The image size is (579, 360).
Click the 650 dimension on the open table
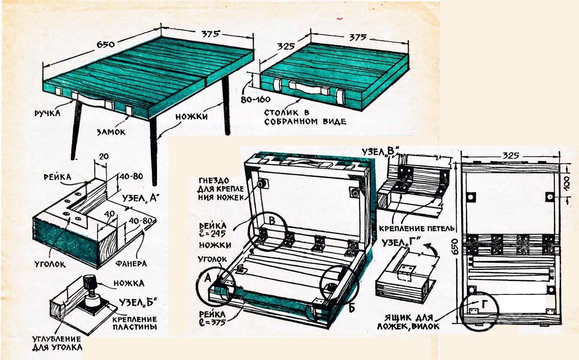pyautogui.click(x=106, y=44)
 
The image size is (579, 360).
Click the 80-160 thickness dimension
pyautogui.click(x=255, y=99)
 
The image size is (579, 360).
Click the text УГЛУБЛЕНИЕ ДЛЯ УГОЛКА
pyautogui.click(x=57, y=343)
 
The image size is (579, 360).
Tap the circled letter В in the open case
pyautogui.click(x=271, y=221)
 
